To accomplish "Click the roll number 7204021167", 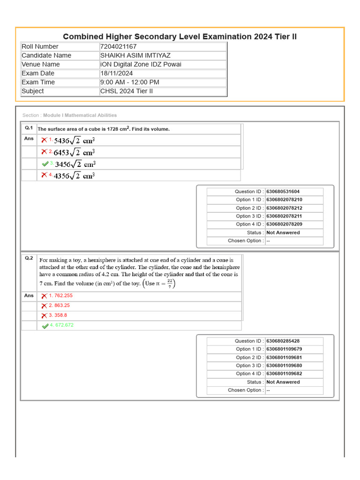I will (x=118, y=46).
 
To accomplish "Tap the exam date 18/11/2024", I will (x=116, y=73).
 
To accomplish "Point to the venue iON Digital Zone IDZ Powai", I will (x=141, y=64).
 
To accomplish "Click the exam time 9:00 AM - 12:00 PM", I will (x=129, y=82).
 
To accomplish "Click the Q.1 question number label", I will (x=29, y=128).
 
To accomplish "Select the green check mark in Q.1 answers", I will (x=45, y=164).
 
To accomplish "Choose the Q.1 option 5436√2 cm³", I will (x=75, y=140).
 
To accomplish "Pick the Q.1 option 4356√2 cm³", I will (x=75, y=176).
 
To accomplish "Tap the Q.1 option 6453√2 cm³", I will (x=75, y=152).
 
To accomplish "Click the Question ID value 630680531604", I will (x=283, y=192).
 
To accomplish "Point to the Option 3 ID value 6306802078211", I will (x=284, y=216).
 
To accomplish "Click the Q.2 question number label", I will (x=29, y=258).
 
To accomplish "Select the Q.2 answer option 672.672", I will (x=61, y=325).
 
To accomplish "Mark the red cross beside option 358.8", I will (x=44, y=315).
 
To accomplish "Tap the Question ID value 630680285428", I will (x=283, y=341).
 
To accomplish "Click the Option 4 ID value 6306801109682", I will (x=284, y=374).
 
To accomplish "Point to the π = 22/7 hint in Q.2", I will (x=161, y=284).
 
